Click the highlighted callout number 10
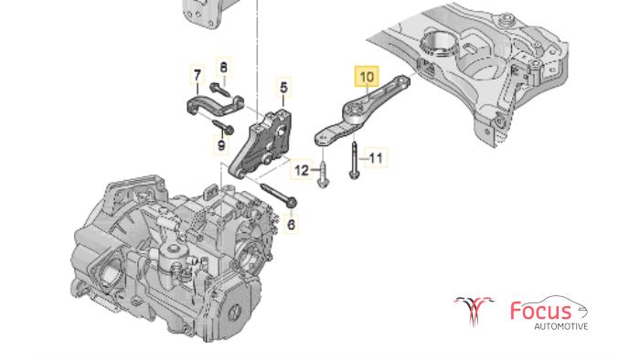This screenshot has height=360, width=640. coord(367,77)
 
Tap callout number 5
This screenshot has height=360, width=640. coord(283,88)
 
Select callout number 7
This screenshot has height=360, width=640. coord(197,76)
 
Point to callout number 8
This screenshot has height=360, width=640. coord(223,68)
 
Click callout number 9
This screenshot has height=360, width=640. coord(221,144)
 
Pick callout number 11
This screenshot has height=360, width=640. coord(376,158)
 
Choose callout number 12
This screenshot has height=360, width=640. coord(302,170)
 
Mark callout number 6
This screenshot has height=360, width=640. coord(291,224)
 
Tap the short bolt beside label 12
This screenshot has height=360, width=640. coord(323,175)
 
